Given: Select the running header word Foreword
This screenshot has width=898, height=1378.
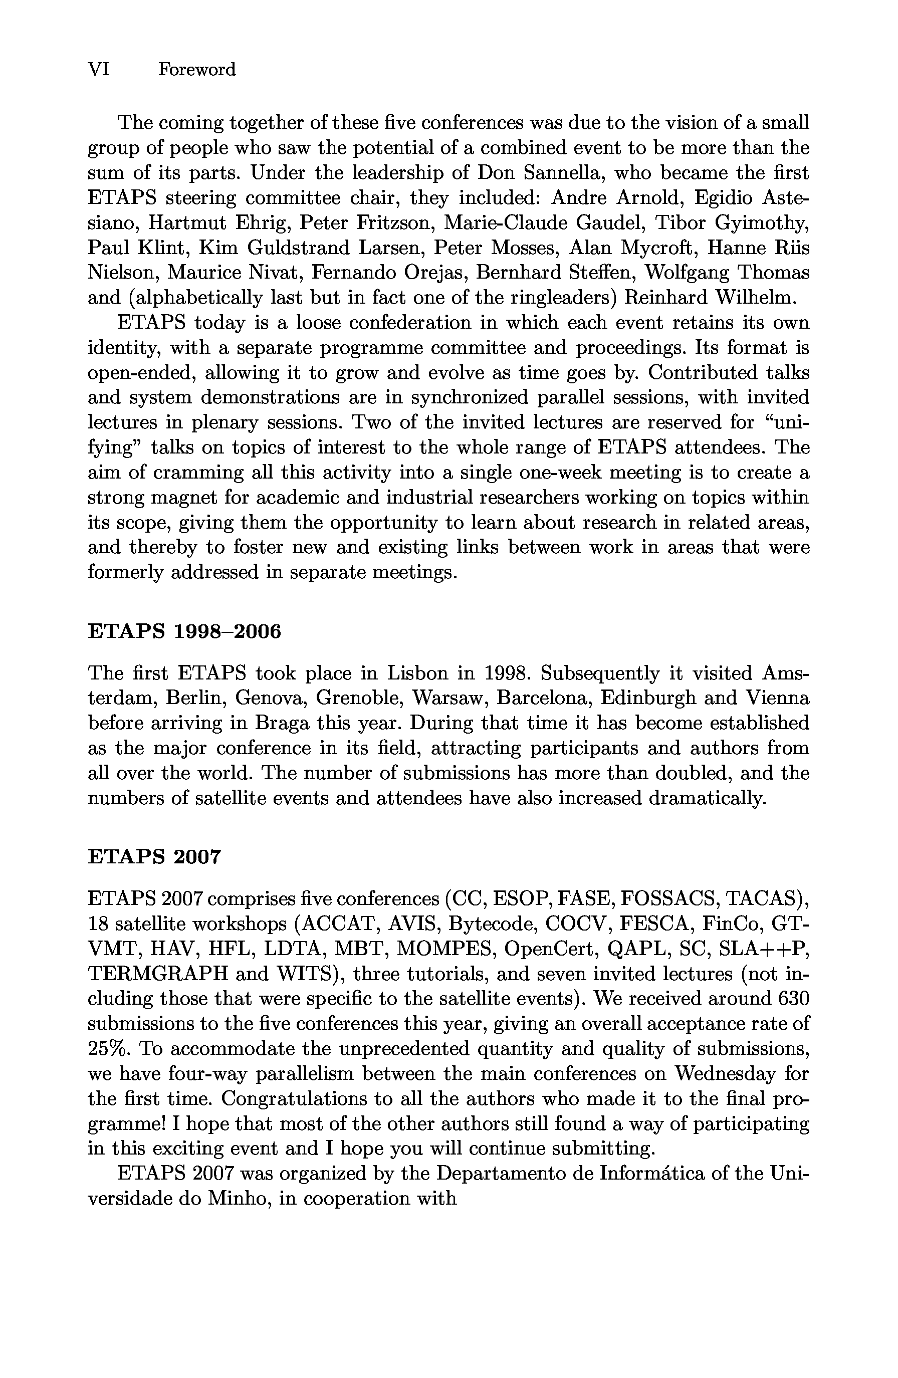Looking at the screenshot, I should (x=197, y=70).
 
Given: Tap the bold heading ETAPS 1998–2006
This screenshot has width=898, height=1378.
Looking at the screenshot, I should (x=184, y=631).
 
